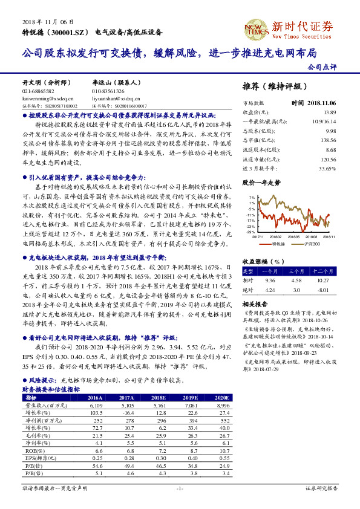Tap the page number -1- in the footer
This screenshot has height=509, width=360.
pos(180,504)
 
